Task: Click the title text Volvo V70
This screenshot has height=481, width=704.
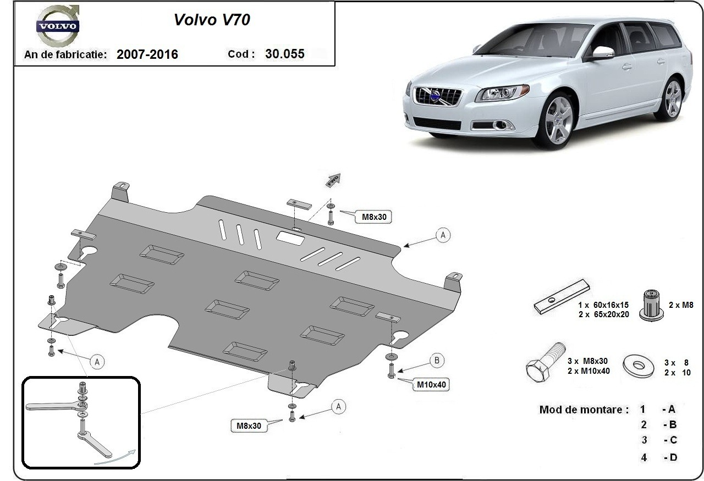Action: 212,20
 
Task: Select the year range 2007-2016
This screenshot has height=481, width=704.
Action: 147,54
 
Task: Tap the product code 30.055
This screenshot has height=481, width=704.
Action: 284,54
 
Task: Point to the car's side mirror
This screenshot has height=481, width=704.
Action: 603,52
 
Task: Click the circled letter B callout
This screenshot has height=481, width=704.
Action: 437,361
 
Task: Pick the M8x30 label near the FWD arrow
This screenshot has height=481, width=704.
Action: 374,217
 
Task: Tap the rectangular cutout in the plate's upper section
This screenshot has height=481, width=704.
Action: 291,237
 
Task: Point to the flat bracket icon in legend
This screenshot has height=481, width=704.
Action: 561,297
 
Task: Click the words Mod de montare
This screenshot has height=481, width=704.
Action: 584,410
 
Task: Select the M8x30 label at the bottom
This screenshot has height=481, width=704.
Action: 249,425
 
